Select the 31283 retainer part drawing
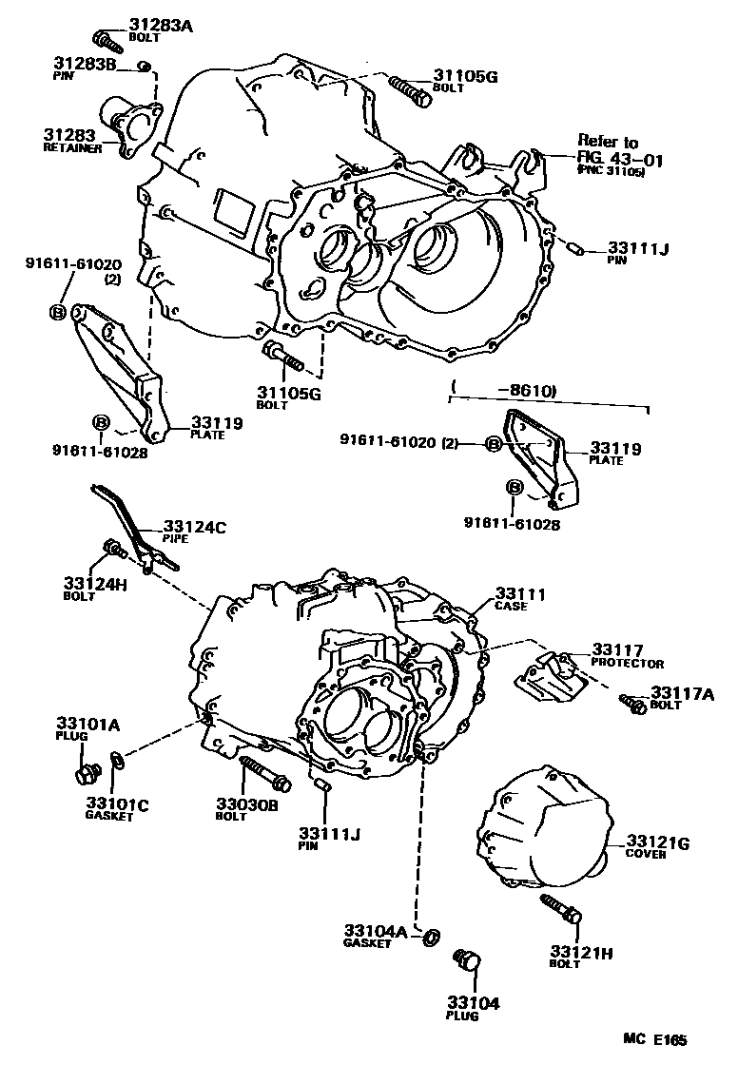coord(133,124)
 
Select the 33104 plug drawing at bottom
coord(467,959)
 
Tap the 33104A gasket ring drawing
coord(430,937)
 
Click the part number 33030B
coord(246,803)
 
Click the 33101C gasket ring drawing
coord(117,759)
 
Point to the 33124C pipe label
coord(195,528)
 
